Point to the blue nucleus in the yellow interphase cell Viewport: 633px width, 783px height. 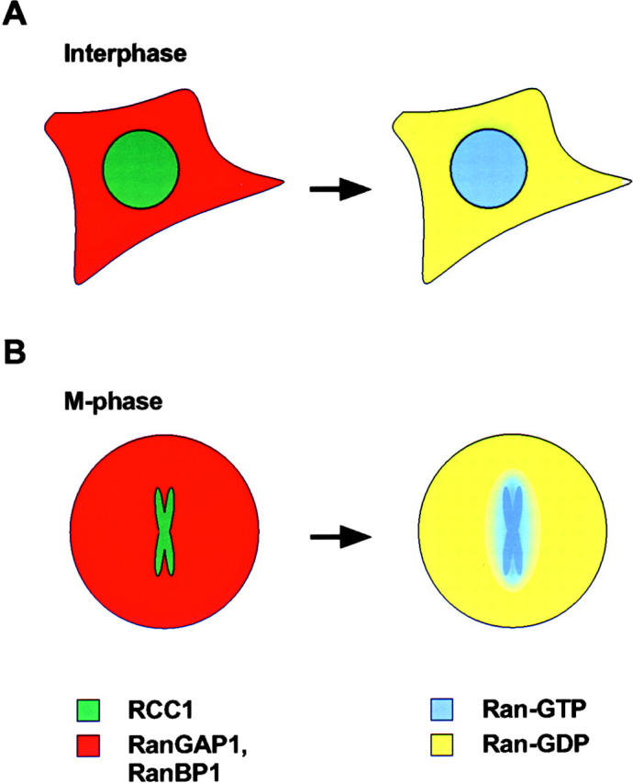[489, 171]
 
